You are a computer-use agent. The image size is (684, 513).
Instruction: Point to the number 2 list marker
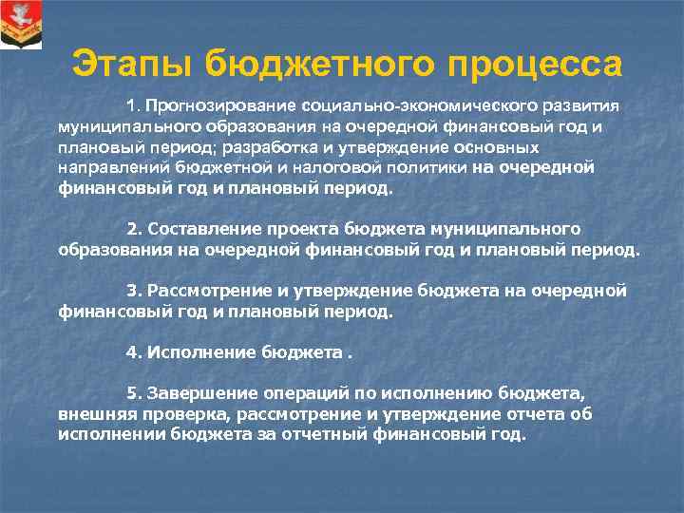(132, 229)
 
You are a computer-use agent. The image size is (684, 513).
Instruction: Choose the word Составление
(192, 229)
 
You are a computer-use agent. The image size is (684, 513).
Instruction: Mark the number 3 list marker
(132, 291)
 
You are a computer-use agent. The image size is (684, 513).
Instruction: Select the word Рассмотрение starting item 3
(199, 291)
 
